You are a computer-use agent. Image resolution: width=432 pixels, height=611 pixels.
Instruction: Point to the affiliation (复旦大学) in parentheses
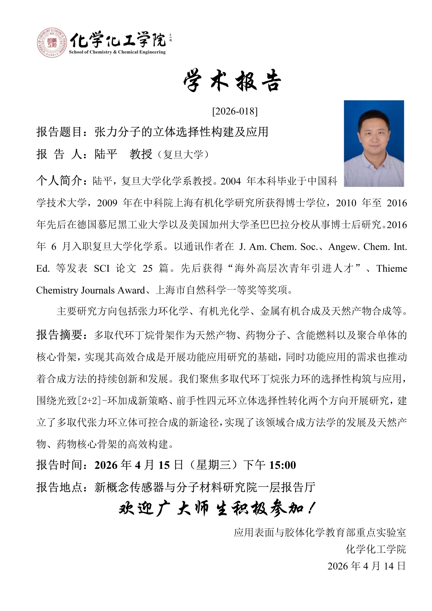pos(183,155)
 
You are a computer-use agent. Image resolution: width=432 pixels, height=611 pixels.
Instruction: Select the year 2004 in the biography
pos(231,181)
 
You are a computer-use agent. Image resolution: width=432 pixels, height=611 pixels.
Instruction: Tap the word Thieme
pos(391,269)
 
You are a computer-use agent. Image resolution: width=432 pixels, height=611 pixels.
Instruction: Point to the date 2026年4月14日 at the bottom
pos(367,566)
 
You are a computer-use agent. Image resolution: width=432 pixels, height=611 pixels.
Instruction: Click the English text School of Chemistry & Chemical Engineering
pos(117,52)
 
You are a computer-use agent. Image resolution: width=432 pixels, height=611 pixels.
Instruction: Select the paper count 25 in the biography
pos(147,269)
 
